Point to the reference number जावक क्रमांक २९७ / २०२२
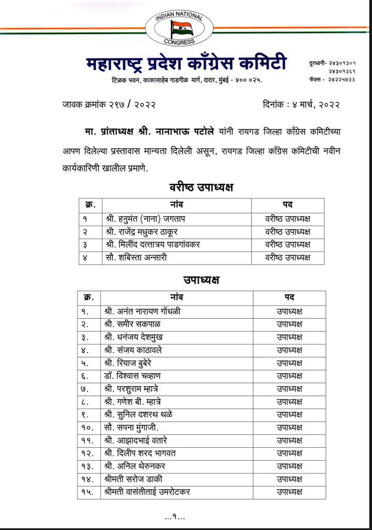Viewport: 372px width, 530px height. (108, 105)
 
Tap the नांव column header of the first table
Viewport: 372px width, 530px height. (176, 204)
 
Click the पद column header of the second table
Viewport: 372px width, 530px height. (289, 298)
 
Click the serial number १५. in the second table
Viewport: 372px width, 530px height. (85, 492)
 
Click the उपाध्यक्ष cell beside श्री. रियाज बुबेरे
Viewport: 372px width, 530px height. (289, 363)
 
